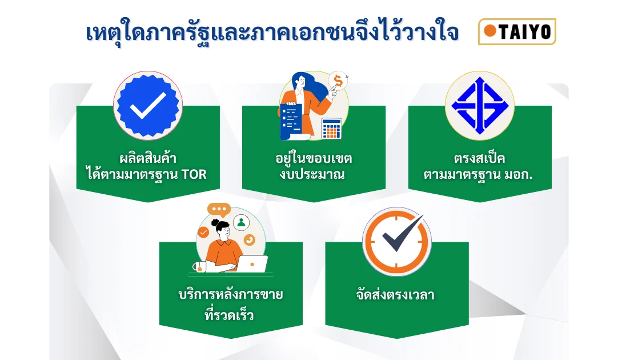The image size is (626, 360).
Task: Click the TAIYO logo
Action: click(x=517, y=31)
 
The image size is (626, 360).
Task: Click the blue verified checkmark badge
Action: click(x=148, y=106)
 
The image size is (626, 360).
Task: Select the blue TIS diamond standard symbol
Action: click(x=480, y=106)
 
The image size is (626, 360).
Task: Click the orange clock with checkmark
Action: click(x=397, y=241)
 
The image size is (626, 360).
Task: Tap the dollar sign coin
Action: click(x=338, y=82)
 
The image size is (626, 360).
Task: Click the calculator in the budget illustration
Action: click(x=331, y=128)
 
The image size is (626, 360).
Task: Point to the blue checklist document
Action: click(x=290, y=121)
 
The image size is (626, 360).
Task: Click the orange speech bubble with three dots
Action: click(x=219, y=210)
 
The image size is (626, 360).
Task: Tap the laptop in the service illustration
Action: click(x=252, y=263)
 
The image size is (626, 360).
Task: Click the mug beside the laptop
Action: click(x=199, y=267)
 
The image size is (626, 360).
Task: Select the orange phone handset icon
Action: click(x=250, y=240)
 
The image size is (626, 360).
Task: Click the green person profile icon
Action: click(x=241, y=223)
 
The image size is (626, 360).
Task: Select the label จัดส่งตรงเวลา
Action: click(x=395, y=295)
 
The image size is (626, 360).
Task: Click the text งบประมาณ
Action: click(x=312, y=175)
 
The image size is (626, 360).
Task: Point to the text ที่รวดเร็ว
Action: click(x=229, y=315)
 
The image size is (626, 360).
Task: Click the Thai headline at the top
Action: click(x=272, y=33)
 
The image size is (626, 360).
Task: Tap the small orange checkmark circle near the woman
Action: click(x=203, y=232)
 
